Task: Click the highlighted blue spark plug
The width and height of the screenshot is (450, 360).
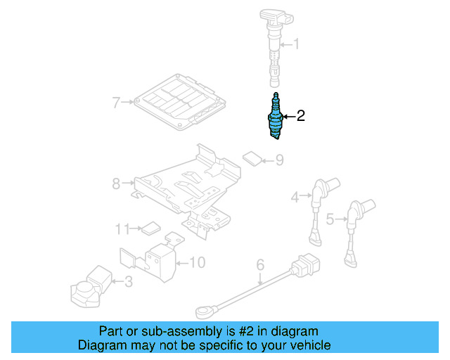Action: coord(276,117)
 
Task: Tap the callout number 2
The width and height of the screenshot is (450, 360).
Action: coord(301,116)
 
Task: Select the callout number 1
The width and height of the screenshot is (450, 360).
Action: coord(296,45)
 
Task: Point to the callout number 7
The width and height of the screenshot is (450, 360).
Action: coord(117,103)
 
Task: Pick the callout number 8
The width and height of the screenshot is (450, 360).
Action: coord(117,184)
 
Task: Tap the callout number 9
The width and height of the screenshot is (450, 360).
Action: coord(279,160)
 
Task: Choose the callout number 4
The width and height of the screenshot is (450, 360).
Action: coord(296,198)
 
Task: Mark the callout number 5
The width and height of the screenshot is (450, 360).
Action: coord(330,219)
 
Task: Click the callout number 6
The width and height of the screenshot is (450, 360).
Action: coord(260,265)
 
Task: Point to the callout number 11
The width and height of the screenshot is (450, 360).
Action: coord(123,229)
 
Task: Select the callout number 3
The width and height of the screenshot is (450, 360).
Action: coord(127,283)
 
